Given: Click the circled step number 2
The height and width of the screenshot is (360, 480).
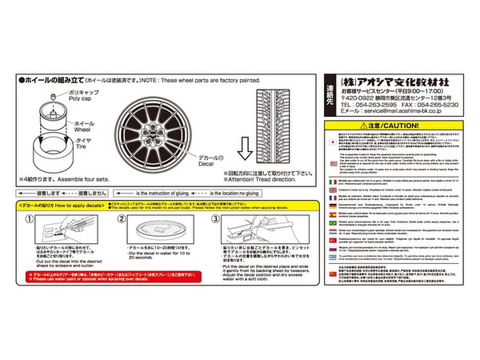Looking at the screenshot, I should point(122,220).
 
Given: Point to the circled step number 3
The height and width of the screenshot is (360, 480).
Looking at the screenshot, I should point(215,220).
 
